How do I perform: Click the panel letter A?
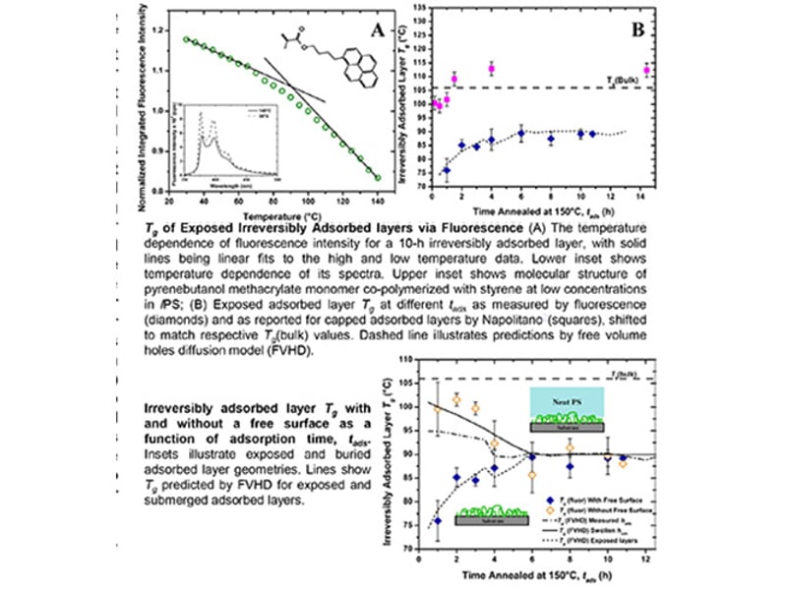coord(376,30)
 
